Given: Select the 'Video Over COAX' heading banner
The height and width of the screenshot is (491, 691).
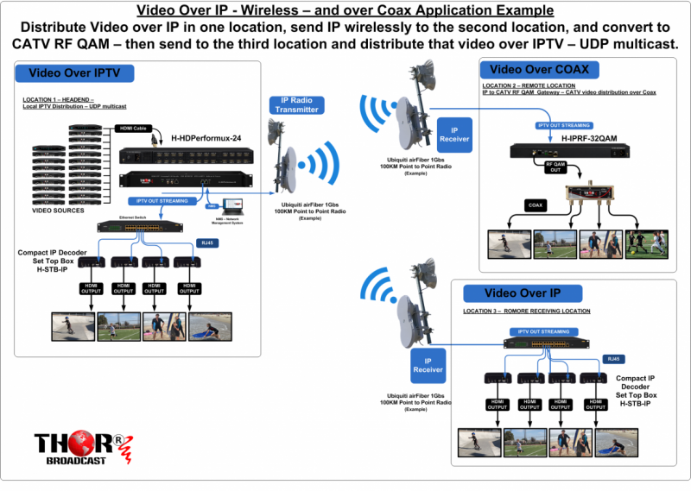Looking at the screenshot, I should click(x=533, y=69).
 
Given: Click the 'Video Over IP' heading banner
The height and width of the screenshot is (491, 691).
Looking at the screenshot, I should click(x=523, y=293).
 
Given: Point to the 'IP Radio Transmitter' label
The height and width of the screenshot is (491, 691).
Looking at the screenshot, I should click(x=296, y=104).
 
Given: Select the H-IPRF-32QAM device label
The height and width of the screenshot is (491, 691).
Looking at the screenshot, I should click(x=589, y=138).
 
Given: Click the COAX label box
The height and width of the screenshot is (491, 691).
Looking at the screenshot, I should click(x=535, y=205).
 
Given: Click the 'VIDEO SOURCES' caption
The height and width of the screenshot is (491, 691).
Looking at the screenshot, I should click(x=59, y=211).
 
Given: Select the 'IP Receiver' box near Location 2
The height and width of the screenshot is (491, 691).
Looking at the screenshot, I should click(x=454, y=134).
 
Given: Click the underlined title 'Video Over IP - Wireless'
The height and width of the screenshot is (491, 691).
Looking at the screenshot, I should click(x=345, y=10).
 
